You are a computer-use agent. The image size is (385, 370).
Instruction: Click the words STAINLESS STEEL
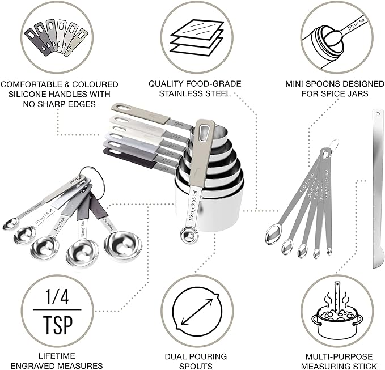(x=195, y=93)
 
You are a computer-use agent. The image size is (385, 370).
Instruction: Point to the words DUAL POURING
(x=195, y=356)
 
